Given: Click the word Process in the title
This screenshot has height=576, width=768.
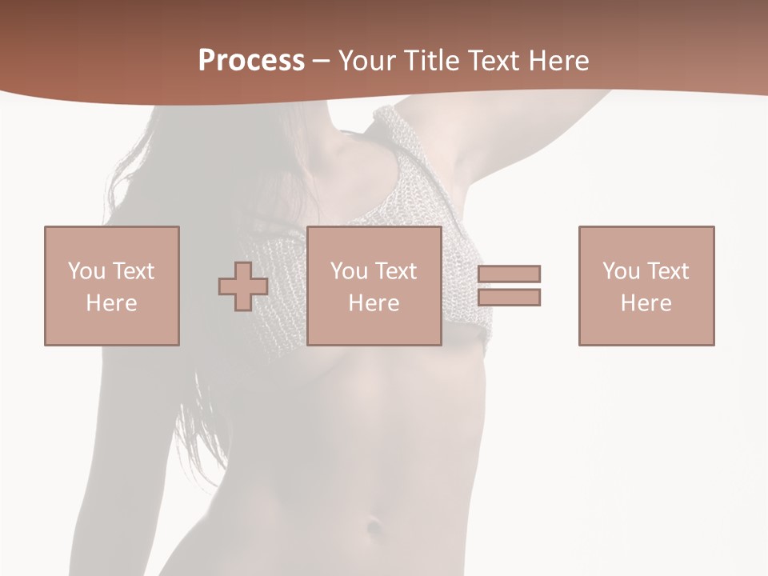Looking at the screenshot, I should point(251,61).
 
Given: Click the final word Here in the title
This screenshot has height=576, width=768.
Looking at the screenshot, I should point(561,61).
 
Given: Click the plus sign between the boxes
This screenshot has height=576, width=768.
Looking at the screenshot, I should point(243,286).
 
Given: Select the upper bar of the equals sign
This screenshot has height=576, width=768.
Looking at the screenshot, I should point(510,274).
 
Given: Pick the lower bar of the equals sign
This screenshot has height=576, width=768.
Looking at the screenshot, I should point(510,297).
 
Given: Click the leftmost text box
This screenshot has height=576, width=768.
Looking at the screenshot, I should point(112,286).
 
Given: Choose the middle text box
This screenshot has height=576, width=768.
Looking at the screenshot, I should point(374,286).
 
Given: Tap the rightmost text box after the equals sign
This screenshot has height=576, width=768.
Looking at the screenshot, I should point(646,286).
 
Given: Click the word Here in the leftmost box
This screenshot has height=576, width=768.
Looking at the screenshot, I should point(112,303).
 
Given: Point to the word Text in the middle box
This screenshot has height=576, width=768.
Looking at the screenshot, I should point(395,271).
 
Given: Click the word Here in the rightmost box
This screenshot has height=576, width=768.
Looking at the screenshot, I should point(646,303).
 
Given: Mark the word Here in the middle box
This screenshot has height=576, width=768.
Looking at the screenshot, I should point(374,303).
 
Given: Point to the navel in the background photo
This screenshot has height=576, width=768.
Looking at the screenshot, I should point(373,528).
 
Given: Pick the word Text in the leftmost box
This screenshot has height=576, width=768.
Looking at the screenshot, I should point(133,271).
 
